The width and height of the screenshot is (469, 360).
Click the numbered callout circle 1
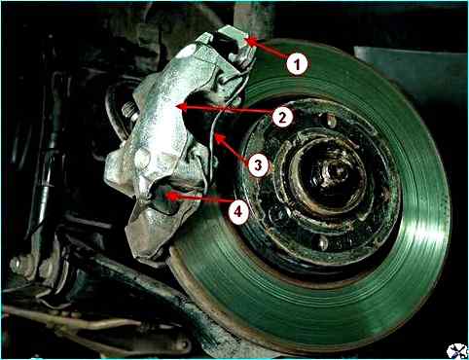coord(297,63)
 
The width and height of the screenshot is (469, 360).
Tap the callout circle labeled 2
coord(282,117)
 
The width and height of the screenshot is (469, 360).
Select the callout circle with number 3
coord(258,165)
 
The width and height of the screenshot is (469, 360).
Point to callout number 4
coord(238,212)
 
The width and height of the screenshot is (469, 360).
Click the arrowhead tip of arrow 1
coord(246,40)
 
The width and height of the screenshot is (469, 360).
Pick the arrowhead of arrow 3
coord(215,135)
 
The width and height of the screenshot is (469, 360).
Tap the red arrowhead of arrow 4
coord(165,196)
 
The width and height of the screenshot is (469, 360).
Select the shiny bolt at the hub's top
coord(331,121)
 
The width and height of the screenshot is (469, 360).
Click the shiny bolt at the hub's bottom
coord(322,242)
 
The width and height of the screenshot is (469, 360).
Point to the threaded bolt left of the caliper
coord(129,110)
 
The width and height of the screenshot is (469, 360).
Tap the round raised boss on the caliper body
coord(143,159)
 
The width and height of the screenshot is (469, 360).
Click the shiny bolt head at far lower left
coord(17,265)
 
